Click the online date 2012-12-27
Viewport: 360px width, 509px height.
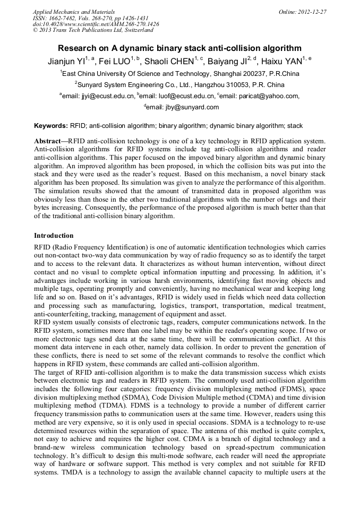[312, 12]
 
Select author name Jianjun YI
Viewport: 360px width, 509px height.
[67, 61]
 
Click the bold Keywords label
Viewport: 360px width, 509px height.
[51, 126]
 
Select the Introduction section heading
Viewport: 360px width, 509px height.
[54, 235]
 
